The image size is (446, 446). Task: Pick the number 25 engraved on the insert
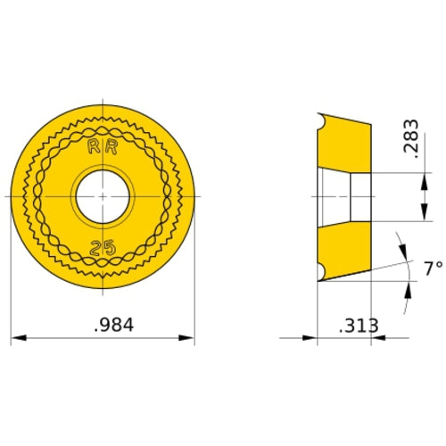103,246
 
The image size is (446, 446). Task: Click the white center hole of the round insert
103,194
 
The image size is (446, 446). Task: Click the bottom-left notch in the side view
322,269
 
